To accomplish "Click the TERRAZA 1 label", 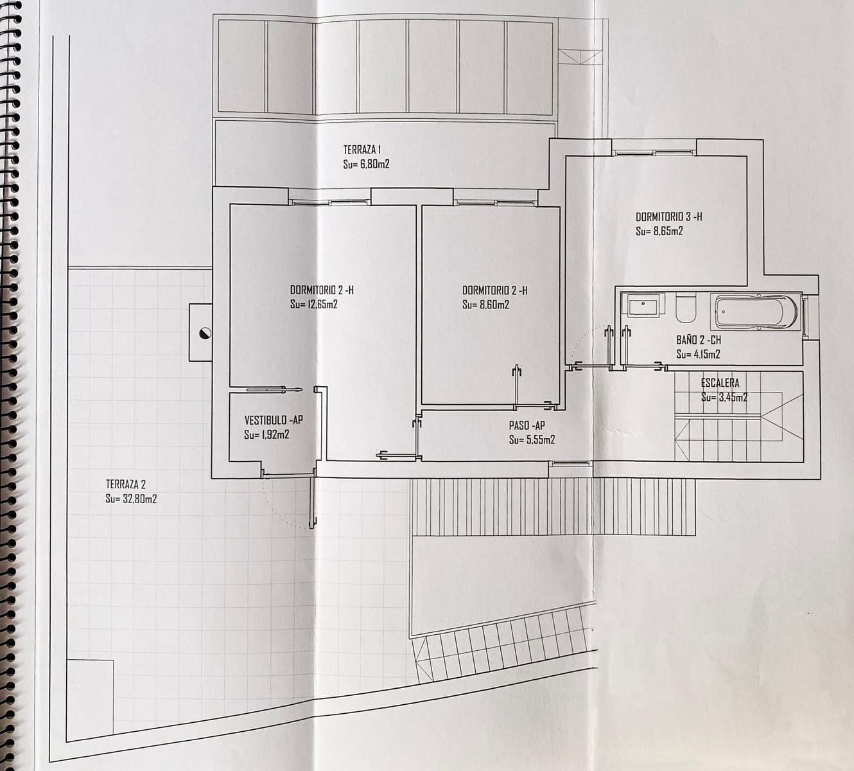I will (363, 150).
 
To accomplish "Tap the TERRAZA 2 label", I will (126, 484).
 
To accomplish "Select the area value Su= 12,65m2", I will (313, 305).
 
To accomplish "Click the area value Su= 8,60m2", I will (485, 305).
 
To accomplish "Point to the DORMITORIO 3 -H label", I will (668, 217).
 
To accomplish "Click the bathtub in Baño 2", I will (756, 312).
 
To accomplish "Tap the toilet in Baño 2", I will (686, 309).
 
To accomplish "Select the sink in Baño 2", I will (645, 306).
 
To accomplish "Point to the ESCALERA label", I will (720, 383).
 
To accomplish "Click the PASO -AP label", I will (527, 425).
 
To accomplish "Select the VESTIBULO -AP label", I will (273, 420).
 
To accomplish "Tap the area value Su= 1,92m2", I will (266, 435).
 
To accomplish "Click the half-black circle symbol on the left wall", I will (205, 332).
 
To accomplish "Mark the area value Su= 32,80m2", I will (131, 499).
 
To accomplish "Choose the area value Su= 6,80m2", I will (366, 164).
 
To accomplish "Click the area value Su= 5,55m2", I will (532, 440).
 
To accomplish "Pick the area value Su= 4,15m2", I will (697, 354).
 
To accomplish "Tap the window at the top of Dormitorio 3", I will (653, 152).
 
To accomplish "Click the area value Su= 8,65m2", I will (659, 231).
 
